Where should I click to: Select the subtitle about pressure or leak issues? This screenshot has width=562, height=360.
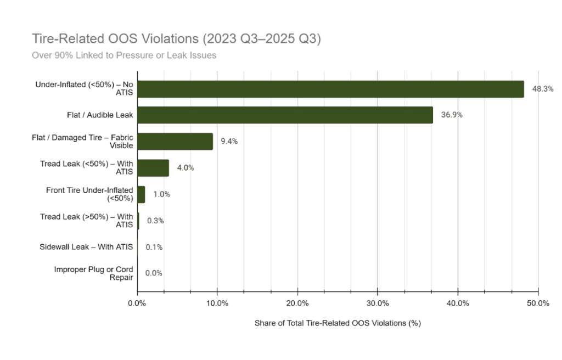[124, 55]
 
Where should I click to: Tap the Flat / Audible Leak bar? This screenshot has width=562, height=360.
[285, 115]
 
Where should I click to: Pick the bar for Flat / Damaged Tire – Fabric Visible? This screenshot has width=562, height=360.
[175, 141]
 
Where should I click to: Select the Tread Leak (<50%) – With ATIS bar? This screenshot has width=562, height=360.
[153, 167]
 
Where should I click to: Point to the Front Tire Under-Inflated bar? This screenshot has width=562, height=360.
[141, 194]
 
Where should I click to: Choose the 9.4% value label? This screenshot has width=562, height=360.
[229, 141]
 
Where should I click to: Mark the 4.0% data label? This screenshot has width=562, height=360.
[186, 167]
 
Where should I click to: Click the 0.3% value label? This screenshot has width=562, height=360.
[155, 221]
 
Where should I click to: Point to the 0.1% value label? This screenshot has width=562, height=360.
[154, 247]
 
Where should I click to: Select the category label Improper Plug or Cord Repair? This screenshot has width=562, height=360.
[93, 273]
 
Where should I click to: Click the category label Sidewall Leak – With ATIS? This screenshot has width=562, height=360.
[86, 247]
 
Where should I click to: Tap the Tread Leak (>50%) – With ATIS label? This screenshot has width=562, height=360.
[86, 221]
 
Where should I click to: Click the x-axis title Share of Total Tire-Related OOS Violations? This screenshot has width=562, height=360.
[338, 323]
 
